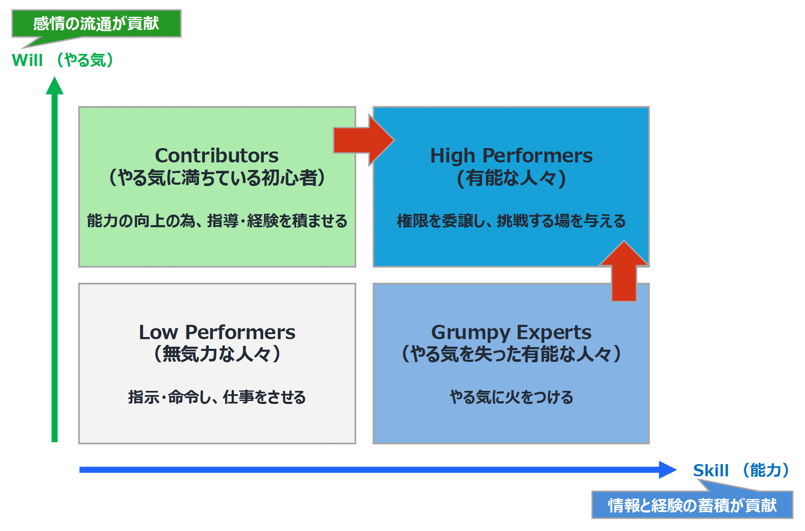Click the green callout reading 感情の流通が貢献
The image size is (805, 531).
coord(96,24)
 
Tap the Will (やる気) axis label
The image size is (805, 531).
coord(62,60)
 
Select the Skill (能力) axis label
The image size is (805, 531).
coord(741,470)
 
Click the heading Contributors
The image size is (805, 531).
coord(217,156)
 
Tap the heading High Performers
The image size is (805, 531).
coord(511,156)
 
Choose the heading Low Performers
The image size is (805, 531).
coord(217,332)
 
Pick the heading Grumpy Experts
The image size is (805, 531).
coord(511,332)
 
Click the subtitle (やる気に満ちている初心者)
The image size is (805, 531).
coord(217,178)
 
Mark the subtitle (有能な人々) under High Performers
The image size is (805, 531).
coord(511,178)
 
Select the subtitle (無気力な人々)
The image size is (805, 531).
coord(217,354)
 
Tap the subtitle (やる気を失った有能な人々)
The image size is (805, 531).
coord(511,354)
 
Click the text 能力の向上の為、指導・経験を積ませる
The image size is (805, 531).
coord(217,221)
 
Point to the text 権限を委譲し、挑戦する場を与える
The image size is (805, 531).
coord(511,221)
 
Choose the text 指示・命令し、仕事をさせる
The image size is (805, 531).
coord(217,397)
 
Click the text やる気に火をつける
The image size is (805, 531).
coord(511,397)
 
